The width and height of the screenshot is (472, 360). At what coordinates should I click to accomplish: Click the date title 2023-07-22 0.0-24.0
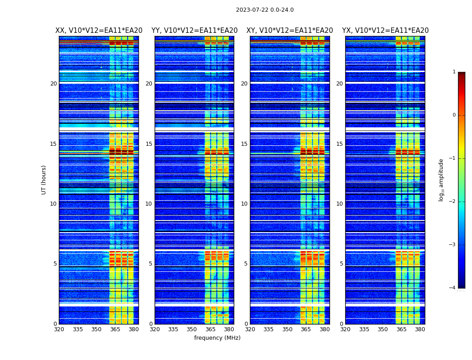pos(265,10)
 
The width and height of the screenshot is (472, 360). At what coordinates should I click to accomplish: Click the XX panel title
pos(99,31)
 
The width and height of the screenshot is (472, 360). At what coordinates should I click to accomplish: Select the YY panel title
pos(194,31)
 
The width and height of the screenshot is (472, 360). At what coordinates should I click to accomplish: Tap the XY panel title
pos(289,31)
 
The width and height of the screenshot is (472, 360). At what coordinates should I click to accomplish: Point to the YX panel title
pos(385,31)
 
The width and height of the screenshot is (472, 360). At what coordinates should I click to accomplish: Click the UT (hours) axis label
pos(44,180)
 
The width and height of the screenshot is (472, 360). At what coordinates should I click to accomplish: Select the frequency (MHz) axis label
pos(217,338)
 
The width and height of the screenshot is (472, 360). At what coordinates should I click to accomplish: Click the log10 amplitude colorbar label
pos(441,180)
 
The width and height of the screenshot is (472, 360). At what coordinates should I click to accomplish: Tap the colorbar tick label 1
pos(454,72)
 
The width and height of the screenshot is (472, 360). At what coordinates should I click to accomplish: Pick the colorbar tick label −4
pos(453,288)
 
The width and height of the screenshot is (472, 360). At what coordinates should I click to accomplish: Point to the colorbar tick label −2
pos(453,202)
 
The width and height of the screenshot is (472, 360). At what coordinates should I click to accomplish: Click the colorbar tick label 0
pos(454,115)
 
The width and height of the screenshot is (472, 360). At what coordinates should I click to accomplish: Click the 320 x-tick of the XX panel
pos(59,329)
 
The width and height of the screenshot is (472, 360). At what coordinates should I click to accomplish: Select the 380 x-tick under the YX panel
pos(420,329)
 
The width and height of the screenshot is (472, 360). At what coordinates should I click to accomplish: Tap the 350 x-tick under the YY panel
pos(192,329)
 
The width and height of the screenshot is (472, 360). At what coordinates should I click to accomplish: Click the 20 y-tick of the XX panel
pos(53,84)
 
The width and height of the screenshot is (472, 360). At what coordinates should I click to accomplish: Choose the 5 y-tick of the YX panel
pos(341,264)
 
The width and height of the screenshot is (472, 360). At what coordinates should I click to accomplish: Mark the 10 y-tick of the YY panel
pos(149,204)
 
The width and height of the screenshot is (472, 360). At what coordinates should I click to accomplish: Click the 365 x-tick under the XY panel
pos(306,329)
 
